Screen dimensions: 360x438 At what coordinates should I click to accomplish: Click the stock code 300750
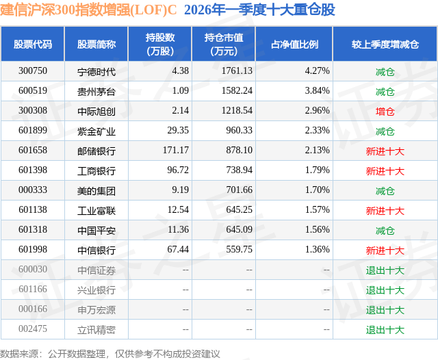tap(33, 71)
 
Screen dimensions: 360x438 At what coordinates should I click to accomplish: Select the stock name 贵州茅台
tap(96, 91)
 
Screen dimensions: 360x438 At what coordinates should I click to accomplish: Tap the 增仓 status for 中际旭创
tap(385, 111)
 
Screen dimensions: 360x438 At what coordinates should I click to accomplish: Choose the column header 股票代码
tap(33, 44)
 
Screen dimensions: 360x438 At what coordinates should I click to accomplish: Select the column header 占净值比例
tap(295, 44)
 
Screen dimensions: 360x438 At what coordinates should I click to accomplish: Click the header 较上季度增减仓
tap(385, 44)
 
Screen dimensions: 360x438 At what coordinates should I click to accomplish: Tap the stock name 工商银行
tap(96, 170)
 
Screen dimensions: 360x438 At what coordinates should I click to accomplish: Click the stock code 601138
tap(33, 210)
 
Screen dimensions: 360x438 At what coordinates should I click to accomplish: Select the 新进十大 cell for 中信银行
tap(385, 250)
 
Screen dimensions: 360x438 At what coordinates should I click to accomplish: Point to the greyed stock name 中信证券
tap(96, 270)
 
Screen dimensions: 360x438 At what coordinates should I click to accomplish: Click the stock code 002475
tap(33, 329)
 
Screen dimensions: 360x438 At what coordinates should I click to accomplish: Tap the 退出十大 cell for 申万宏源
tap(385, 309)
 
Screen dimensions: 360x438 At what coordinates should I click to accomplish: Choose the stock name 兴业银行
tap(96, 290)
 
